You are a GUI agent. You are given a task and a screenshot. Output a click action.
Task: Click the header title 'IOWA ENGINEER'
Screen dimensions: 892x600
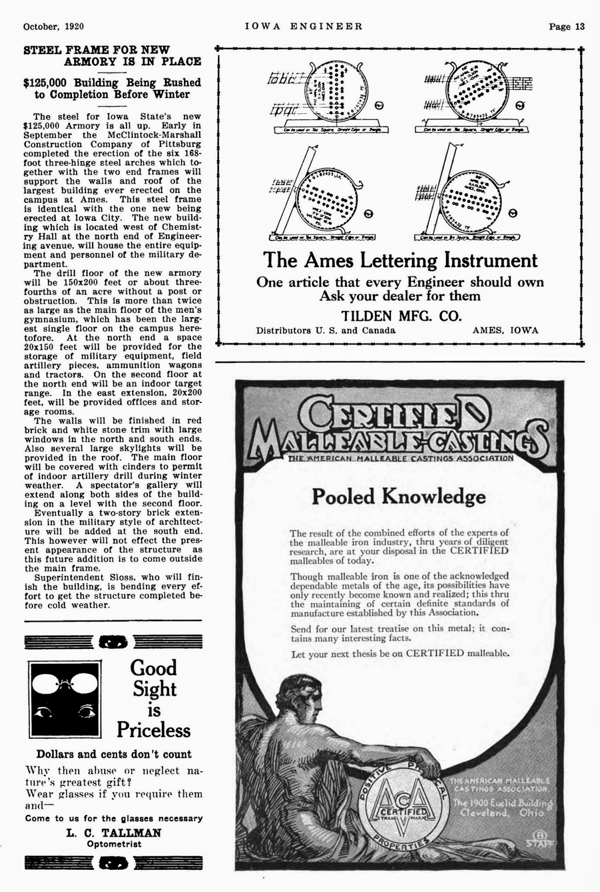coord(304,26)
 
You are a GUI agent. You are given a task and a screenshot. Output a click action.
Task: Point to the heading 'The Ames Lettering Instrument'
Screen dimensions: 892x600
coord(400,260)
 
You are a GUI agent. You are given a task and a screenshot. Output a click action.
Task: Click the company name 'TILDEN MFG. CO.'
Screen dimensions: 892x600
coord(401,316)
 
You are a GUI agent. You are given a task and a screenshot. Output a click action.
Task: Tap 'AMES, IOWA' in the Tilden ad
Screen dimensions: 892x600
coord(505,330)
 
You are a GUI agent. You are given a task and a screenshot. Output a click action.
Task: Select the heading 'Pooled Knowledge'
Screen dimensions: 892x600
coord(399,496)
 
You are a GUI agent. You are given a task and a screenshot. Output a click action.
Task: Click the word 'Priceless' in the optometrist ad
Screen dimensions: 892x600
coord(153,730)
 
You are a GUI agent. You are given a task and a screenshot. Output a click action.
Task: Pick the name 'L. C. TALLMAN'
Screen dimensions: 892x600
coord(114,833)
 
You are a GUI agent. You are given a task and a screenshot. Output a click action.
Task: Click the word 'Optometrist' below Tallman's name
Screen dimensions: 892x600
coord(114,844)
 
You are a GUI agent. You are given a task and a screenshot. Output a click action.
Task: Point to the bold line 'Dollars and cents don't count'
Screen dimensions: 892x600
coord(114,754)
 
